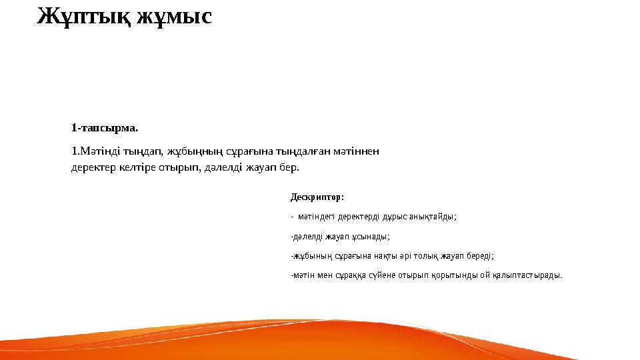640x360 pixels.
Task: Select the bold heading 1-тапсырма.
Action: pyautogui.click(x=105, y=127)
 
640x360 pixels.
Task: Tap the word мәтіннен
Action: pyautogui.click(x=353, y=151)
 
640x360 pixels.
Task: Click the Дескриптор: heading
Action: pyautogui.click(x=318, y=197)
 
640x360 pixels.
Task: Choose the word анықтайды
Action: pyautogui.click(x=434, y=217)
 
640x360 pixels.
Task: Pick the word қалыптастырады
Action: pyautogui.click(x=529, y=275)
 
